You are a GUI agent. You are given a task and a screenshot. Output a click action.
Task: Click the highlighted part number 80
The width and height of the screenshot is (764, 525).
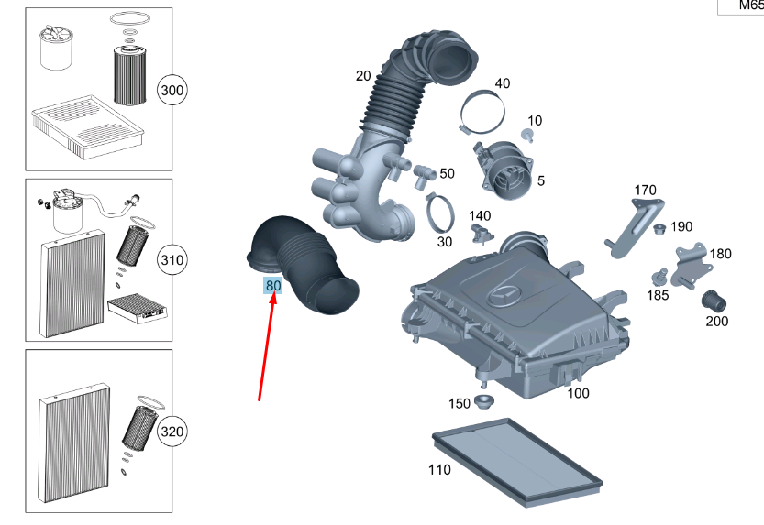coord(272,286)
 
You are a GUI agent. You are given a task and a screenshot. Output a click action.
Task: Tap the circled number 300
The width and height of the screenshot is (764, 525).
coord(172,91)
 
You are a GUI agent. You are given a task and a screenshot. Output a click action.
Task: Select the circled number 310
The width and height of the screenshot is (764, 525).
coord(172,261)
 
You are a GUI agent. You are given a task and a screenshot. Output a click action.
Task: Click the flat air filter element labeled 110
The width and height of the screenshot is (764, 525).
coord(516,463)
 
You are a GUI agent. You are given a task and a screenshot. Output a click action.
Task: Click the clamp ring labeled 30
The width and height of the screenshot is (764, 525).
coord(443,213)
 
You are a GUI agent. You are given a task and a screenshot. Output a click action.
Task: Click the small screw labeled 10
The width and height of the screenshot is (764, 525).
coord(528,135)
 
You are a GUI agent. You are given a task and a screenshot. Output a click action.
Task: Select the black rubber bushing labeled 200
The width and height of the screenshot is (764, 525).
coord(713,301)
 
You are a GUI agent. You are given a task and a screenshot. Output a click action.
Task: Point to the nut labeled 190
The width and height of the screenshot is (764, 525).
coord(658,227)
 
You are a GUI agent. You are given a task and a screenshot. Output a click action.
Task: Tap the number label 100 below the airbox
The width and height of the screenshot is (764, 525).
coord(578,393)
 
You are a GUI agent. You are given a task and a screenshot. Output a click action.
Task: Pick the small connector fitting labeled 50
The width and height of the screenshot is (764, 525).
coord(423,171)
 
